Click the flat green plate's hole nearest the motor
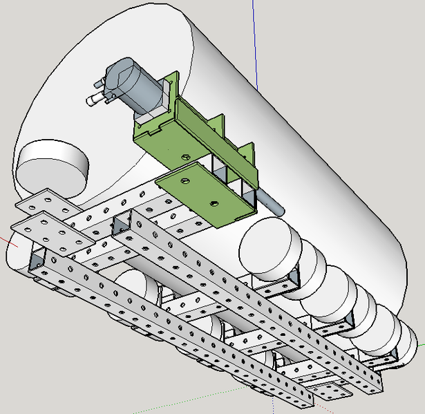coord(185,181)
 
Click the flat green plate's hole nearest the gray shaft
coord(214,204)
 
